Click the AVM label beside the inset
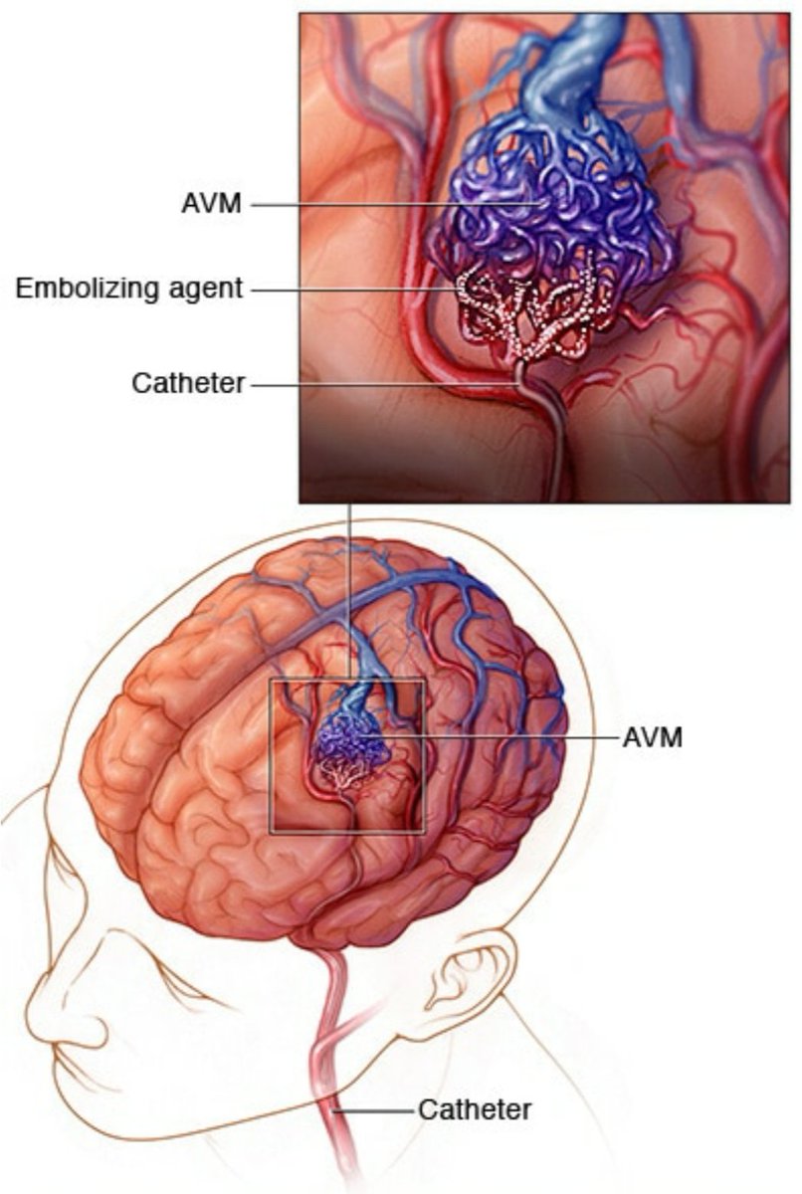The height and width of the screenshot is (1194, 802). (x=212, y=205)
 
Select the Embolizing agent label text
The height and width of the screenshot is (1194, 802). (x=129, y=289)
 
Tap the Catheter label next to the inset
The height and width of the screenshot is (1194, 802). (x=188, y=383)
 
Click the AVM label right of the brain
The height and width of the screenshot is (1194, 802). (x=652, y=737)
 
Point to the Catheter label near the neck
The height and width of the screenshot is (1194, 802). (x=475, y=1109)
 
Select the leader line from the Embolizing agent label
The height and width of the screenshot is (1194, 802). (x=348, y=290)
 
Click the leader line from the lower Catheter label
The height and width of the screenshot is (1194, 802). (x=383, y=1109)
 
